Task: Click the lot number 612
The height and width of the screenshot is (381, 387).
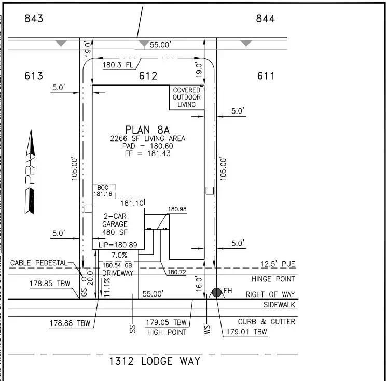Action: click(x=148, y=76)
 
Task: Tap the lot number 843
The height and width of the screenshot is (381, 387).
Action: click(x=34, y=19)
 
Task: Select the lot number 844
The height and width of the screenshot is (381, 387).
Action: click(x=266, y=19)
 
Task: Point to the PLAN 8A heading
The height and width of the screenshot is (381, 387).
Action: click(x=147, y=130)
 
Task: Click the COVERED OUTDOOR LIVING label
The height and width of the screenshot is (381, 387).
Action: click(x=187, y=97)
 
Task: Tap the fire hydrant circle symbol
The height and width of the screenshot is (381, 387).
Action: click(x=216, y=293)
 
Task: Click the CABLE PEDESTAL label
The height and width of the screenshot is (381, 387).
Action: click(x=39, y=263)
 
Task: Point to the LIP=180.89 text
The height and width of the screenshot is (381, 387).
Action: click(x=118, y=244)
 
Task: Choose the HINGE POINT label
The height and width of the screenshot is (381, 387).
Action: click(x=273, y=279)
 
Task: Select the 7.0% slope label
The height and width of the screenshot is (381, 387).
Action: click(x=119, y=255)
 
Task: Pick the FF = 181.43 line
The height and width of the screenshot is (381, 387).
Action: click(x=147, y=154)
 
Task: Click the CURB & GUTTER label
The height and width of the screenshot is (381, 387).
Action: click(x=267, y=322)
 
